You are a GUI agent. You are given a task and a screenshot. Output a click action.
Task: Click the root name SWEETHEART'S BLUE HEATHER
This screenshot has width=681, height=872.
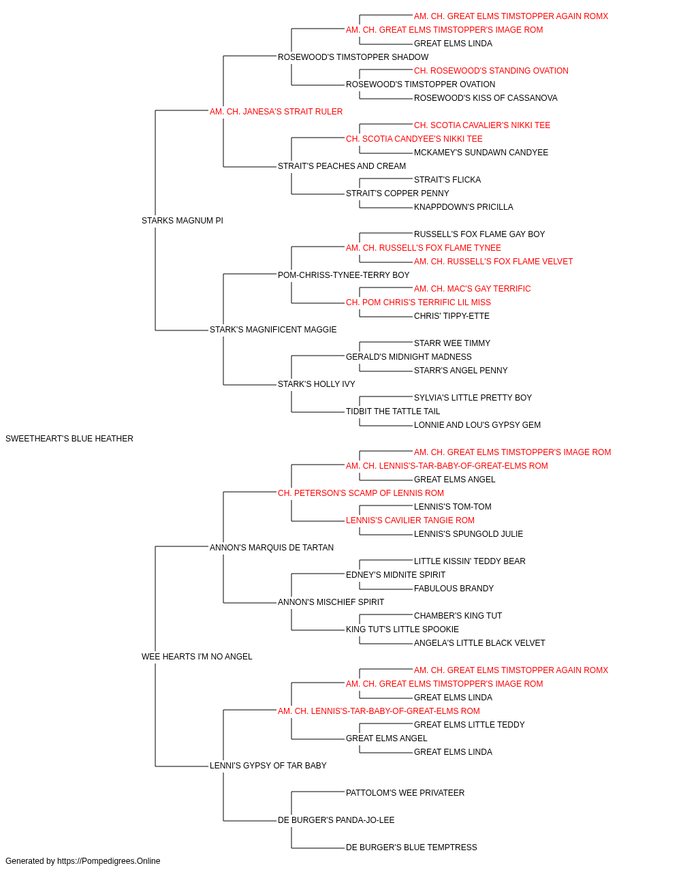pyautogui.click(x=69, y=439)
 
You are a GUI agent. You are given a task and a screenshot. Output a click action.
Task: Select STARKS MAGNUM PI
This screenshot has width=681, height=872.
pyautogui.click(x=183, y=221)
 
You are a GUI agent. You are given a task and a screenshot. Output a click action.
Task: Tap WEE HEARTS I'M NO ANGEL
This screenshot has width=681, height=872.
pyautogui.click(x=197, y=657)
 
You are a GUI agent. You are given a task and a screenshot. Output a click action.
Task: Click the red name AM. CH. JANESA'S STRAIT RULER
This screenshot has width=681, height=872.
pyautogui.click(x=276, y=112)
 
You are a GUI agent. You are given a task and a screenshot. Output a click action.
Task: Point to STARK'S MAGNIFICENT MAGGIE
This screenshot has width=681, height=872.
pyautogui.click(x=273, y=330)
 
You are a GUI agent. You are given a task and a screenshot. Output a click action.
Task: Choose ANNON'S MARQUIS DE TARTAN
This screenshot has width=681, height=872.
pyautogui.click(x=272, y=547)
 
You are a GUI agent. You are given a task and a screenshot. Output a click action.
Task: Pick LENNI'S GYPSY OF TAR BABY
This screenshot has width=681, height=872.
pyautogui.click(x=268, y=765)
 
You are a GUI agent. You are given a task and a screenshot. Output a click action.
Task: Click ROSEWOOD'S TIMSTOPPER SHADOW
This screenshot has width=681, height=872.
pyautogui.click(x=353, y=57)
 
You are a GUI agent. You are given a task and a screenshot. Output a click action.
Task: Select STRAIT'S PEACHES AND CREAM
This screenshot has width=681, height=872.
pyautogui.click(x=342, y=166)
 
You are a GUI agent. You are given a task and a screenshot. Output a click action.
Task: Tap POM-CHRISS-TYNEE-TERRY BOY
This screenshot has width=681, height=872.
pyautogui.click(x=344, y=275)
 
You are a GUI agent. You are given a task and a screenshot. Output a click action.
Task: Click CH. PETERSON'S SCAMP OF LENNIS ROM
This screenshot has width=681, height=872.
pyautogui.click(x=361, y=493)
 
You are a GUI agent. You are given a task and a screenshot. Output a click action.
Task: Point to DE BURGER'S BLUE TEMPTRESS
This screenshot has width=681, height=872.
pyautogui.click(x=411, y=847)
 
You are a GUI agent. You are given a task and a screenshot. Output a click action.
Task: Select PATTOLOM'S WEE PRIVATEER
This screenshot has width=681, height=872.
pyautogui.click(x=405, y=792)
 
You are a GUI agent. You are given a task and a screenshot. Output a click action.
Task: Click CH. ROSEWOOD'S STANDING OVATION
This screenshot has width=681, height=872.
pyautogui.click(x=491, y=71)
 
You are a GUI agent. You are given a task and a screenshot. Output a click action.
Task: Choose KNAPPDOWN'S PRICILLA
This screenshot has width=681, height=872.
pyautogui.click(x=464, y=207)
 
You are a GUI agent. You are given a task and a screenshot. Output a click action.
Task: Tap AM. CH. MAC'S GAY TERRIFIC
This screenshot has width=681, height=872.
pyautogui.click(x=473, y=289)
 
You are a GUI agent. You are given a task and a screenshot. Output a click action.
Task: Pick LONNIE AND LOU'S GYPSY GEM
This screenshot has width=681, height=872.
pyautogui.click(x=477, y=425)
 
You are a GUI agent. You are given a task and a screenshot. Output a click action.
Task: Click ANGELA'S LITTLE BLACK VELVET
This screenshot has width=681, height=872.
pyautogui.click(x=479, y=643)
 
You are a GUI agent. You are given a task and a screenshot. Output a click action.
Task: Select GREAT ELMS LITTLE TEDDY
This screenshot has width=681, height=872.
pyautogui.click(x=469, y=724)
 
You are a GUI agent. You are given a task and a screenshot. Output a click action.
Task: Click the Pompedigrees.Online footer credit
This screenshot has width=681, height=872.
pyautogui.click(x=82, y=861)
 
